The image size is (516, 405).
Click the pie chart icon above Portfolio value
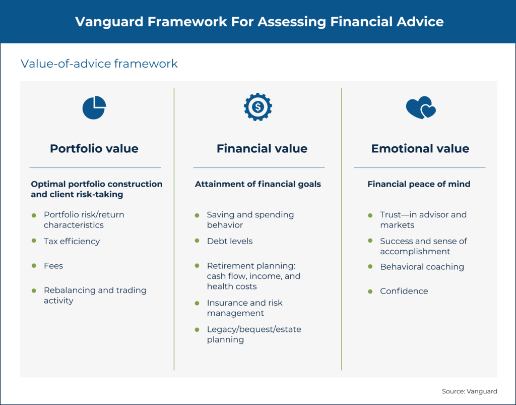pyautogui.click(x=94, y=107)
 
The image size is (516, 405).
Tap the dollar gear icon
pyautogui.click(x=258, y=106)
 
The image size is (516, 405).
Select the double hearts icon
pyautogui.click(x=420, y=108)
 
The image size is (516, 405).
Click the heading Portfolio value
pyautogui.click(x=94, y=149)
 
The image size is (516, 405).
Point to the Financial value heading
pyautogui.click(x=262, y=149)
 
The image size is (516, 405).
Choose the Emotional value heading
pyautogui.click(x=420, y=149)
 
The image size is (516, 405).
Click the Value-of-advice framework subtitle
pyautogui.click(x=99, y=64)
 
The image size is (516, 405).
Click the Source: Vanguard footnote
pyautogui.click(x=470, y=391)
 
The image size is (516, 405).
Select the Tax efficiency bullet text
pyautogui.click(x=72, y=241)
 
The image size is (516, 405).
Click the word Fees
pyautogui.click(x=53, y=265)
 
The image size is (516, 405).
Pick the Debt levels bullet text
pyautogui.click(x=230, y=241)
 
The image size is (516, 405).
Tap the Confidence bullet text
pyautogui.click(x=404, y=291)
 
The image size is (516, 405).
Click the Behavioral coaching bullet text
pyautogui.click(x=422, y=267)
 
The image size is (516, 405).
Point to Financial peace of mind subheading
pyautogui.click(x=419, y=184)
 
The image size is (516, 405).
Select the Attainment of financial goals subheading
pyautogui.click(x=257, y=184)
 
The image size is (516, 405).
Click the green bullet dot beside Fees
pyautogui.click(x=34, y=266)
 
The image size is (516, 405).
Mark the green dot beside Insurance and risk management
pyautogui.click(x=197, y=304)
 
